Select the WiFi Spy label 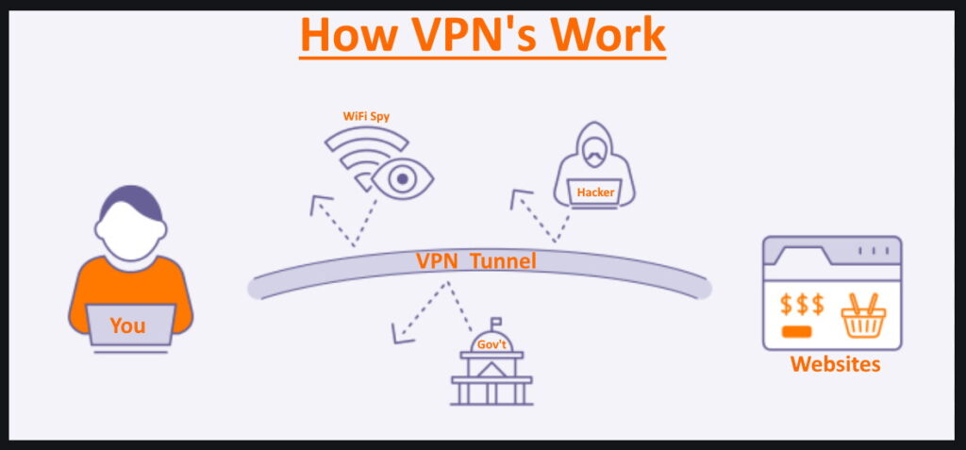[366, 116]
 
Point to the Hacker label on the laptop [595, 192]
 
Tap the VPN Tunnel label [476, 261]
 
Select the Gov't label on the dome [491, 345]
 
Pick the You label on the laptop [127, 325]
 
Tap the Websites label [835, 363]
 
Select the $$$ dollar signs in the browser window [802, 305]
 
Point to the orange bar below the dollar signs [797, 332]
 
